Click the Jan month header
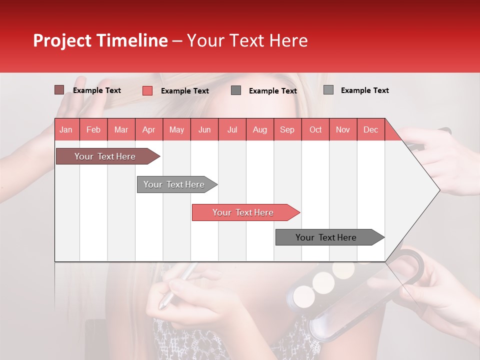[x=66, y=129]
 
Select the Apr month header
[x=149, y=129]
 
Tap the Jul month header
[x=232, y=129]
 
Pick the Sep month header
[x=287, y=129]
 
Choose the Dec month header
[x=370, y=129]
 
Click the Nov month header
[x=342, y=129]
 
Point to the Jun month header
[x=204, y=129]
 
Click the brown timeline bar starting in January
[x=105, y=156]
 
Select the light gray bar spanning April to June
[x=174, y=184]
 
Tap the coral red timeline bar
[x=243, y=212]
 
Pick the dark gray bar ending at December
[x=326, y=237]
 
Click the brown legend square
[x=59, y=90]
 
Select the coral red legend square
[x=147, y=90]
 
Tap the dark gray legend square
[x=236, y=90]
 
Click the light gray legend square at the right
[x=328, y=90]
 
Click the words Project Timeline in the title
[x=100, y=40]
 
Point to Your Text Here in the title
[x=247, y=40]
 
